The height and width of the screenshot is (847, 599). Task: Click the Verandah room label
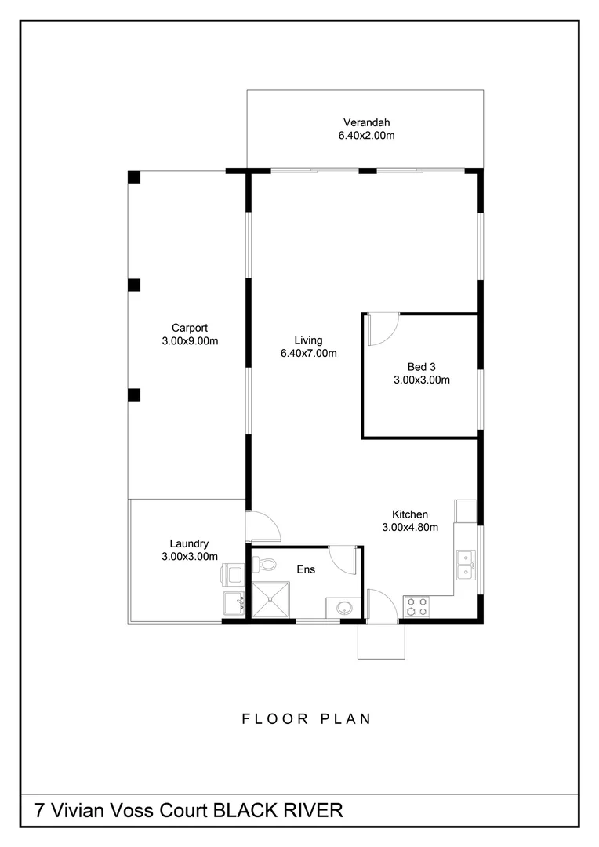(x=366, y=122)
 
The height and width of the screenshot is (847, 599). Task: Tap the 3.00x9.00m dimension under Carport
(x=189, y=341)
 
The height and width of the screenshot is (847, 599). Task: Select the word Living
(x=308, y=340)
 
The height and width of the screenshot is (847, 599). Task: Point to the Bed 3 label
(x=421, y=366)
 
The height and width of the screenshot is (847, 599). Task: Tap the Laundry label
(x=189, y=543)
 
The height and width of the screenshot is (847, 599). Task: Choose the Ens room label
(x=306, y=569)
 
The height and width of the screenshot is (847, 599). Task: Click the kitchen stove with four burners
(x=416, y=606)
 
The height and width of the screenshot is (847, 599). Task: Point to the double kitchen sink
(x=465, y=564)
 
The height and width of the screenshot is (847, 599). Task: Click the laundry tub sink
(x=234, y=603)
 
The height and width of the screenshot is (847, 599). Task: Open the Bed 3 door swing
(x=382, y=329)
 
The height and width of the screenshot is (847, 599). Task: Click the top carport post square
(x=134, y=176)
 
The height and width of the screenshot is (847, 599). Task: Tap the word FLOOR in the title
(x=269, y=718)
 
